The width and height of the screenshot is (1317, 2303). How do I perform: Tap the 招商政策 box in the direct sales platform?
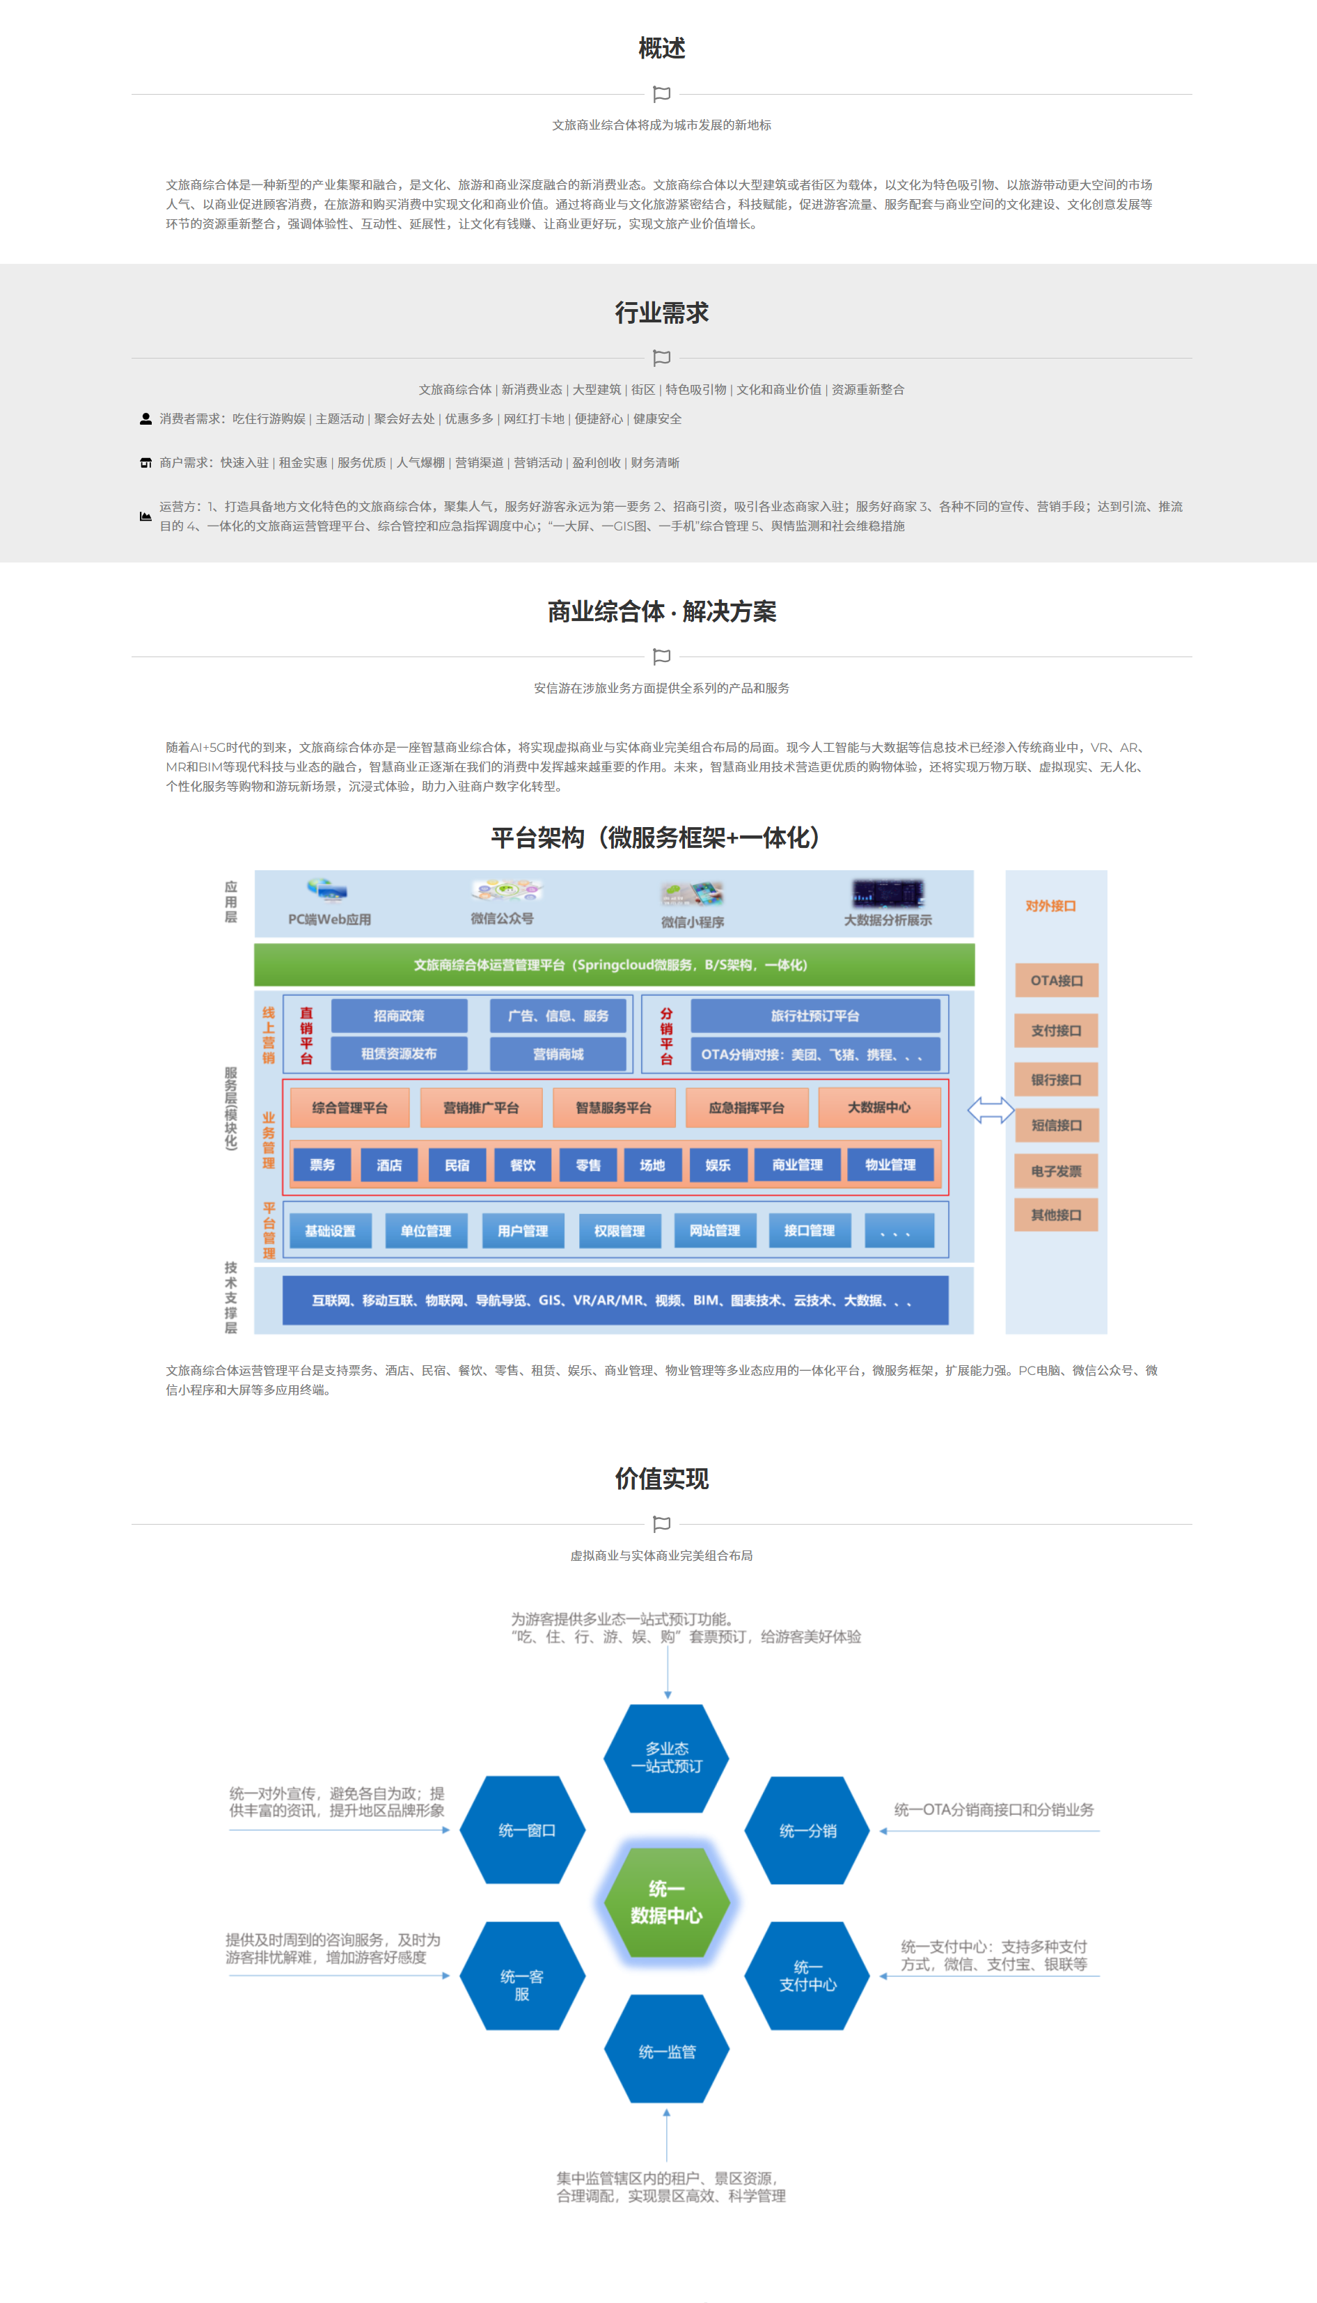coord(399,1016)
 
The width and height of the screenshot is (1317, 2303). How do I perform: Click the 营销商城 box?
coord(558,1054)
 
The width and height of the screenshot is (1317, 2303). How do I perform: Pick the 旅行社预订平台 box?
coord(815,1016)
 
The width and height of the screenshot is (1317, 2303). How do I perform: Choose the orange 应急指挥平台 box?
coord(746,1107)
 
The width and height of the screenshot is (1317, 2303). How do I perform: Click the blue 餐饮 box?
coord(523,1165)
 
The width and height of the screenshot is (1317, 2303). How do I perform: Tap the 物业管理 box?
coord(890,1165)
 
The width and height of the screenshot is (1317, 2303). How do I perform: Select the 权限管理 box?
coord(620,1230)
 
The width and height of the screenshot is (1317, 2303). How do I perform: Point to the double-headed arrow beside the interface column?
coord(991,1110)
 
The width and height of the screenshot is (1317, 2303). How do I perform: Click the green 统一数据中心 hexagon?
coord(667,1901)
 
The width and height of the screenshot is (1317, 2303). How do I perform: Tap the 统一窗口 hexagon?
coord(523,1830)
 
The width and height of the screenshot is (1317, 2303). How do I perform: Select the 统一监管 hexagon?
coord(667,2052)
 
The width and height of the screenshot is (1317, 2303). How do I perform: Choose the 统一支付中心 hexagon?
coord(807,1976)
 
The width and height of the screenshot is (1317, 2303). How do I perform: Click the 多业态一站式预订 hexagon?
coord(667,1758)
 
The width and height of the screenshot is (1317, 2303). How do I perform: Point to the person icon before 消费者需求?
coord(145,419)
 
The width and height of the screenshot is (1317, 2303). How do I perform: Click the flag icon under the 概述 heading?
coord(661,94)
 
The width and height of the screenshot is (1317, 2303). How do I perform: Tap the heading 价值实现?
coord(661,1479)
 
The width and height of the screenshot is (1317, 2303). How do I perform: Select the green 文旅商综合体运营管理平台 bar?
coord(614,965)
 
